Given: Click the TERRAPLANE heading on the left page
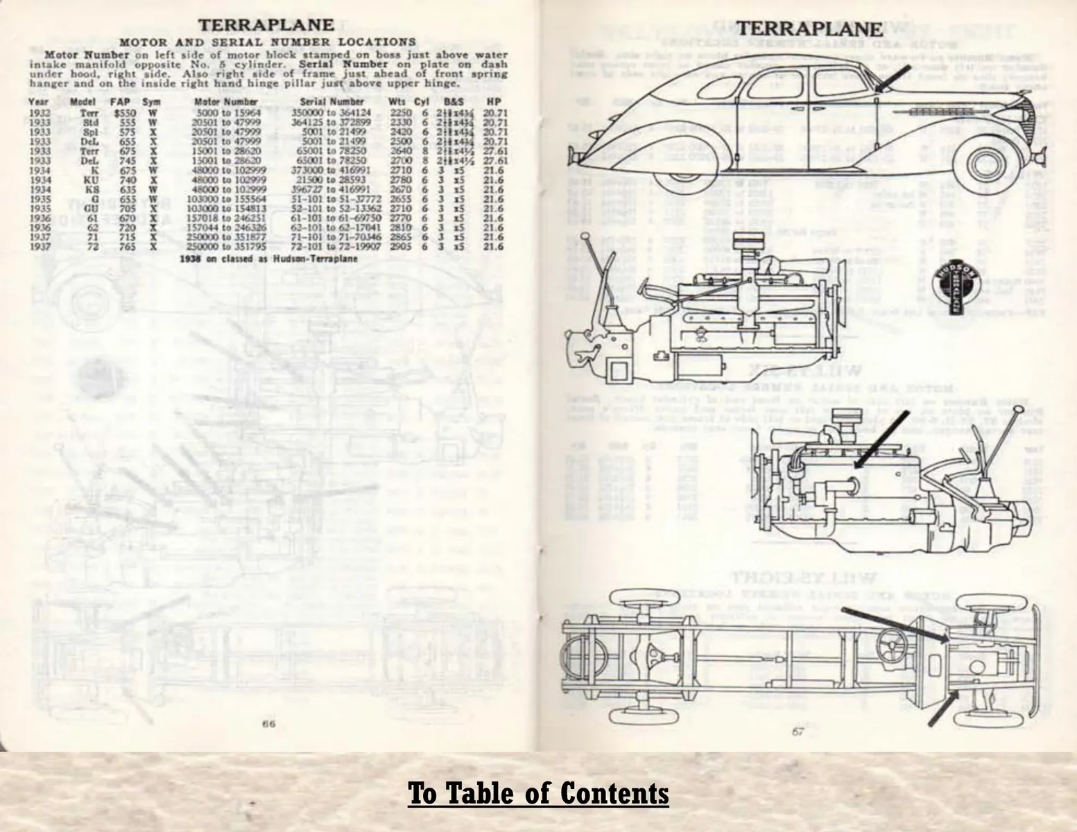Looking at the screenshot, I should coord(266,26).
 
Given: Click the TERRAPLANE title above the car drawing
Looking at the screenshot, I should coord(809,29).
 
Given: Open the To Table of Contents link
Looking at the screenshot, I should coord(538,793).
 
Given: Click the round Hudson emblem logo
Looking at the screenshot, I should coord(954,283).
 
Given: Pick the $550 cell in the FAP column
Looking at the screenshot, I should coord(125,112).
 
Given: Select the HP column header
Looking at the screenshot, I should coord(493,102).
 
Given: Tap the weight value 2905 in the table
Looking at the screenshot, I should coord(401,246).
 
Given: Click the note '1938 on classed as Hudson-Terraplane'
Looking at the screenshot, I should coord(268,259).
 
